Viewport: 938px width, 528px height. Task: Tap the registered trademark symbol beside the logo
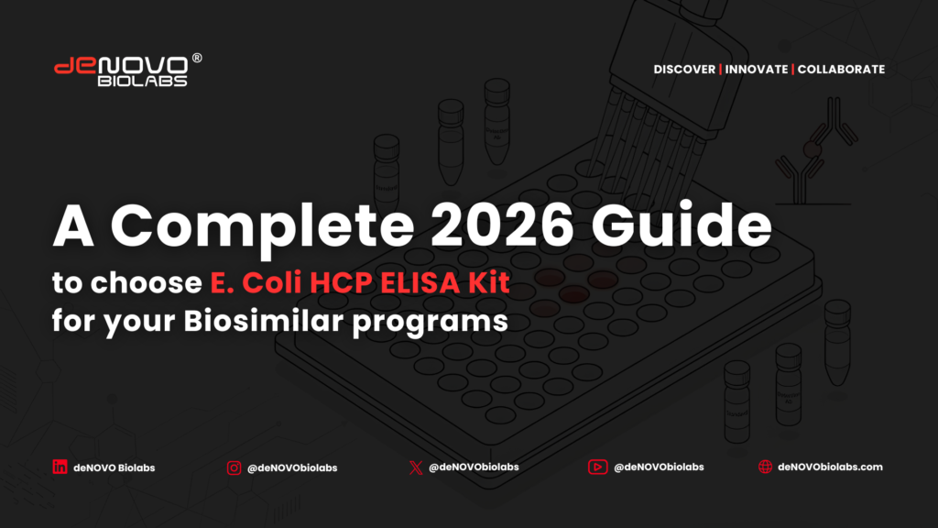(x=197, y=58)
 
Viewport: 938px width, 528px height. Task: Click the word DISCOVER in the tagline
(x=684, y=70)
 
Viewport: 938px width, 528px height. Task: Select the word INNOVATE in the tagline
(x=756, y=70)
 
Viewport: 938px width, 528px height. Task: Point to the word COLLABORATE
(x=841, y=70)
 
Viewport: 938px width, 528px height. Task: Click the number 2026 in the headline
(x=503, y=225)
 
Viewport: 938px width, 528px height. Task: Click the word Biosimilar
(x=263, y=320)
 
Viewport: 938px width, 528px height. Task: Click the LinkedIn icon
(x=60, y=467)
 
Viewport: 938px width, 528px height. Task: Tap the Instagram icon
(x=234, y=467)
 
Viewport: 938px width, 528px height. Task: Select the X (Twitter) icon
(x=416, y=467)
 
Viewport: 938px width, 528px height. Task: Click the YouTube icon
(x=597, y=467)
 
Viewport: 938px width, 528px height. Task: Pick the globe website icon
(x=765, y=467)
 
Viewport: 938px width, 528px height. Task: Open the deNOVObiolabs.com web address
(x=830, y=467)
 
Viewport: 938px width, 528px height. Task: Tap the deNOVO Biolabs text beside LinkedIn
(x=114, y=468)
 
